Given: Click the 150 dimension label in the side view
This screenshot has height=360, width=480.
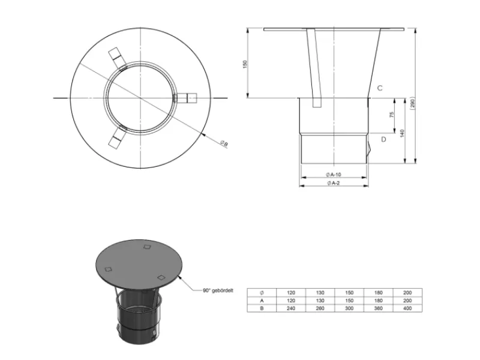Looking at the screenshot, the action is click(x=245, y=64).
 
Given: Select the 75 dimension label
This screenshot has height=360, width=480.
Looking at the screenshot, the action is click(x=392, y=115).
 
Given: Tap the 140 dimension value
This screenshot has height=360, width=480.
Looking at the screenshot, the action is click(x=402, y=133).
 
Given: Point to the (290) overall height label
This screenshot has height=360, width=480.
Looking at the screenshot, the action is click(x=412, y=104).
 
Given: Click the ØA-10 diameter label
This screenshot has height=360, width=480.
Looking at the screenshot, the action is click(x=334, y=175).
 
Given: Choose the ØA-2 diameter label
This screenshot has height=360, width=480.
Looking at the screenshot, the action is click(x=334, y=183).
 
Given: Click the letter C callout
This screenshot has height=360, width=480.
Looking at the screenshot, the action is click(x=380, y=88).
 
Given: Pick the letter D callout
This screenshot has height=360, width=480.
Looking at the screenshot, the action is click(x=383, y=139).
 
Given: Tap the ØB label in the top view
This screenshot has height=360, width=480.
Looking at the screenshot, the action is click(x=224, y=143).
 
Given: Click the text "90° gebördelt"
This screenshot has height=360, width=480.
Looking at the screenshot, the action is click(x=218, y=290).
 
